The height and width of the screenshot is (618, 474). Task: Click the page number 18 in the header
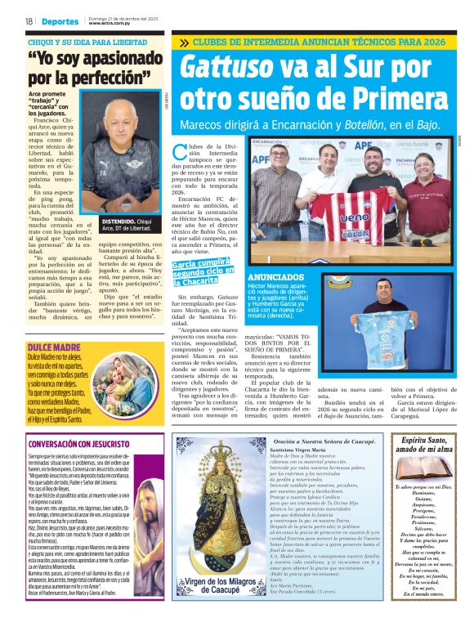pyautogui.click(x=28, y=20)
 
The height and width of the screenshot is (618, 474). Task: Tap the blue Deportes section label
pyautogui.click(x=59, y=20)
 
